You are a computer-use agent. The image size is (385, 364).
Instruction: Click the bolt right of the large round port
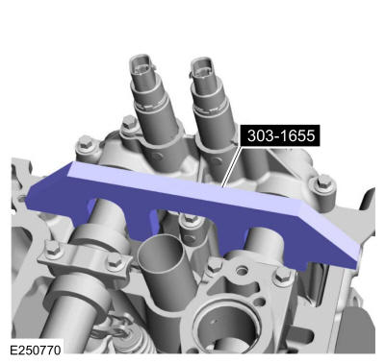pyautogui.click(x=283, y=279)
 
